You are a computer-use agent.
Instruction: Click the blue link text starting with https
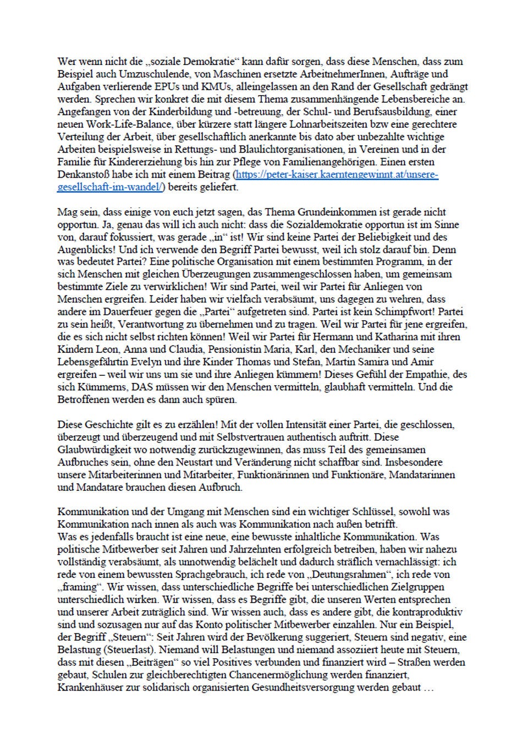[x=336, y=174]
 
